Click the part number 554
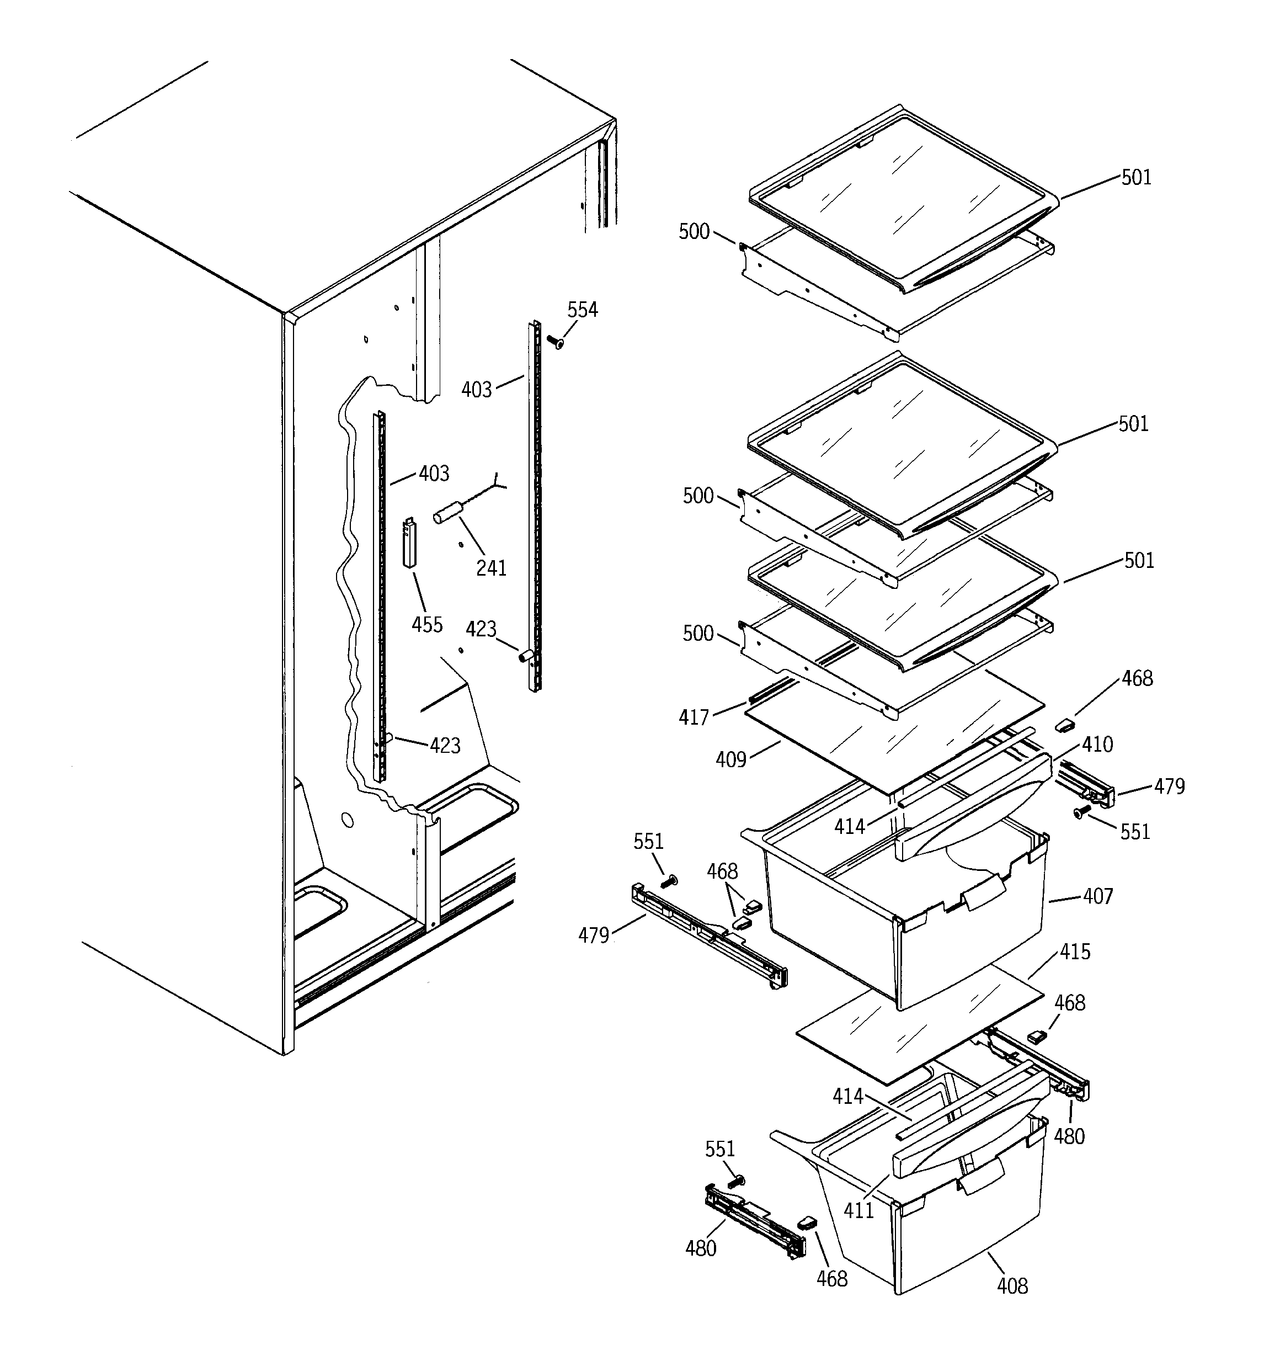582,310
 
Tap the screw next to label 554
554,341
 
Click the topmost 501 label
1137,177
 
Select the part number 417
694,717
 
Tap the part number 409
730,759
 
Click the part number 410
1097,744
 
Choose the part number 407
1098,896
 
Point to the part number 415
1075,952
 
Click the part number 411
859,1210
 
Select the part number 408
1012,1285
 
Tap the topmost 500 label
694,232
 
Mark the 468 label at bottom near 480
831,1278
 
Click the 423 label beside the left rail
445,746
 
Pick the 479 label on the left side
594,935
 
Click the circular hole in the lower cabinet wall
347,820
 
